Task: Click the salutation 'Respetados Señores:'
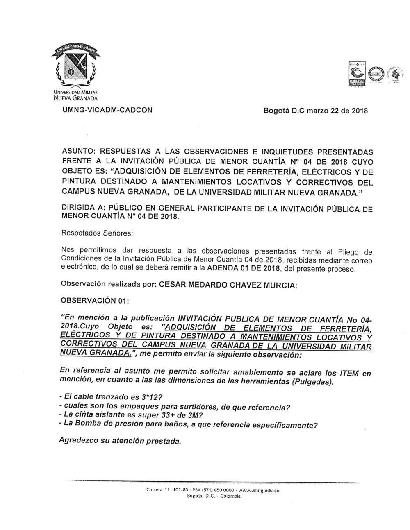click(97, 233)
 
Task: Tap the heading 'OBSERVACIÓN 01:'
click(95, 300)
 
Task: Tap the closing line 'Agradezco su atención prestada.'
click(120, 441)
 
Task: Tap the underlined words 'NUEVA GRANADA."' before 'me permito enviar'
click(96, 353)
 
